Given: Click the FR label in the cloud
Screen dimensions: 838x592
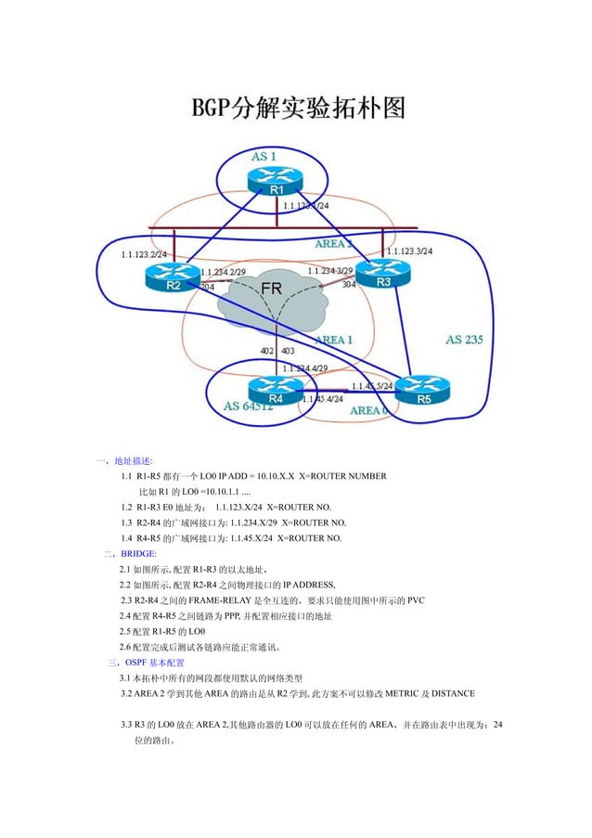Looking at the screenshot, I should point(270,289).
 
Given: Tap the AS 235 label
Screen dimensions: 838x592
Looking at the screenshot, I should point(464,340).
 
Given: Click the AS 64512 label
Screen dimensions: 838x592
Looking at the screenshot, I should point(249,406).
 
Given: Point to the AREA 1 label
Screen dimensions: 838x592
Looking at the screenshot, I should point(333,341).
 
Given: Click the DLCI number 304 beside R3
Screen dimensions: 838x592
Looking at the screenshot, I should point(348,285).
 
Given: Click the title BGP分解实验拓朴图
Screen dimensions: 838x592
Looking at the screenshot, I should point(298,109).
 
